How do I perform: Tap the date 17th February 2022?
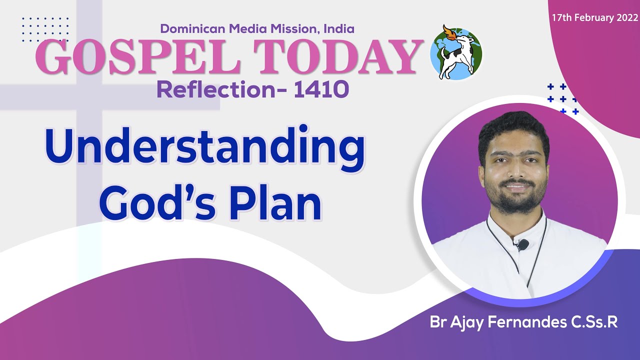594,17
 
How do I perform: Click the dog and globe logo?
455,52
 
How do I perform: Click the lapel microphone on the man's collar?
522,245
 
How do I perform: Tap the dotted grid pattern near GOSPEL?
45,28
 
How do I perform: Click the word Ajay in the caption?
466,322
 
